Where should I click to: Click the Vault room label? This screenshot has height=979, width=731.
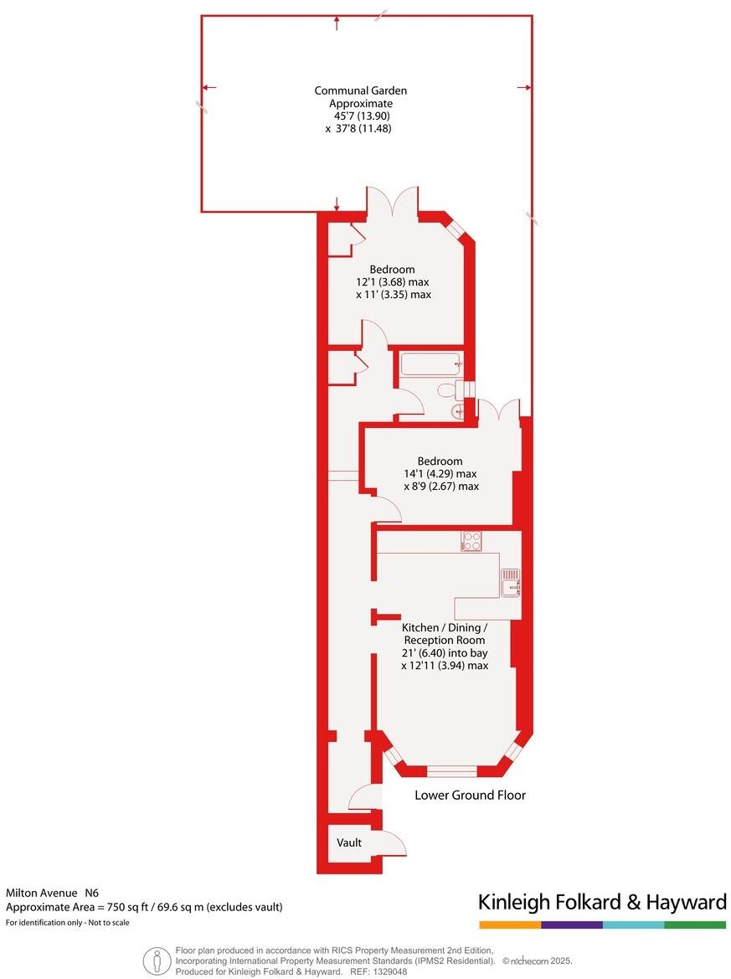(x=349, y=842)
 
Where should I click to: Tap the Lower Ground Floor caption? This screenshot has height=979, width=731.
(x=470, y=795)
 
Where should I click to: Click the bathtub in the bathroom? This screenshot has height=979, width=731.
(x=430, y=364)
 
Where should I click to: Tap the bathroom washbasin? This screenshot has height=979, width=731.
(x=459, y=410)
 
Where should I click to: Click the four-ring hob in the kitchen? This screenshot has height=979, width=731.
(x=471, y=541)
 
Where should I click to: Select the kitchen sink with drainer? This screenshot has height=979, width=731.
(x=511, y=581)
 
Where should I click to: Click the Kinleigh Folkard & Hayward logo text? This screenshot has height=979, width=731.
(x=602, y=902)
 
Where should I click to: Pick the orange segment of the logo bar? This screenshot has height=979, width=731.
(x=510, y=925)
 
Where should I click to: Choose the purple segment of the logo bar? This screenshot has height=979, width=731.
(x=572, y=925)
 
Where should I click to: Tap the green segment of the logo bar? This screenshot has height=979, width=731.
(x=695, y=925)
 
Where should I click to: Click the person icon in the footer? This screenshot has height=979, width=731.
(x=154, y=960)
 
